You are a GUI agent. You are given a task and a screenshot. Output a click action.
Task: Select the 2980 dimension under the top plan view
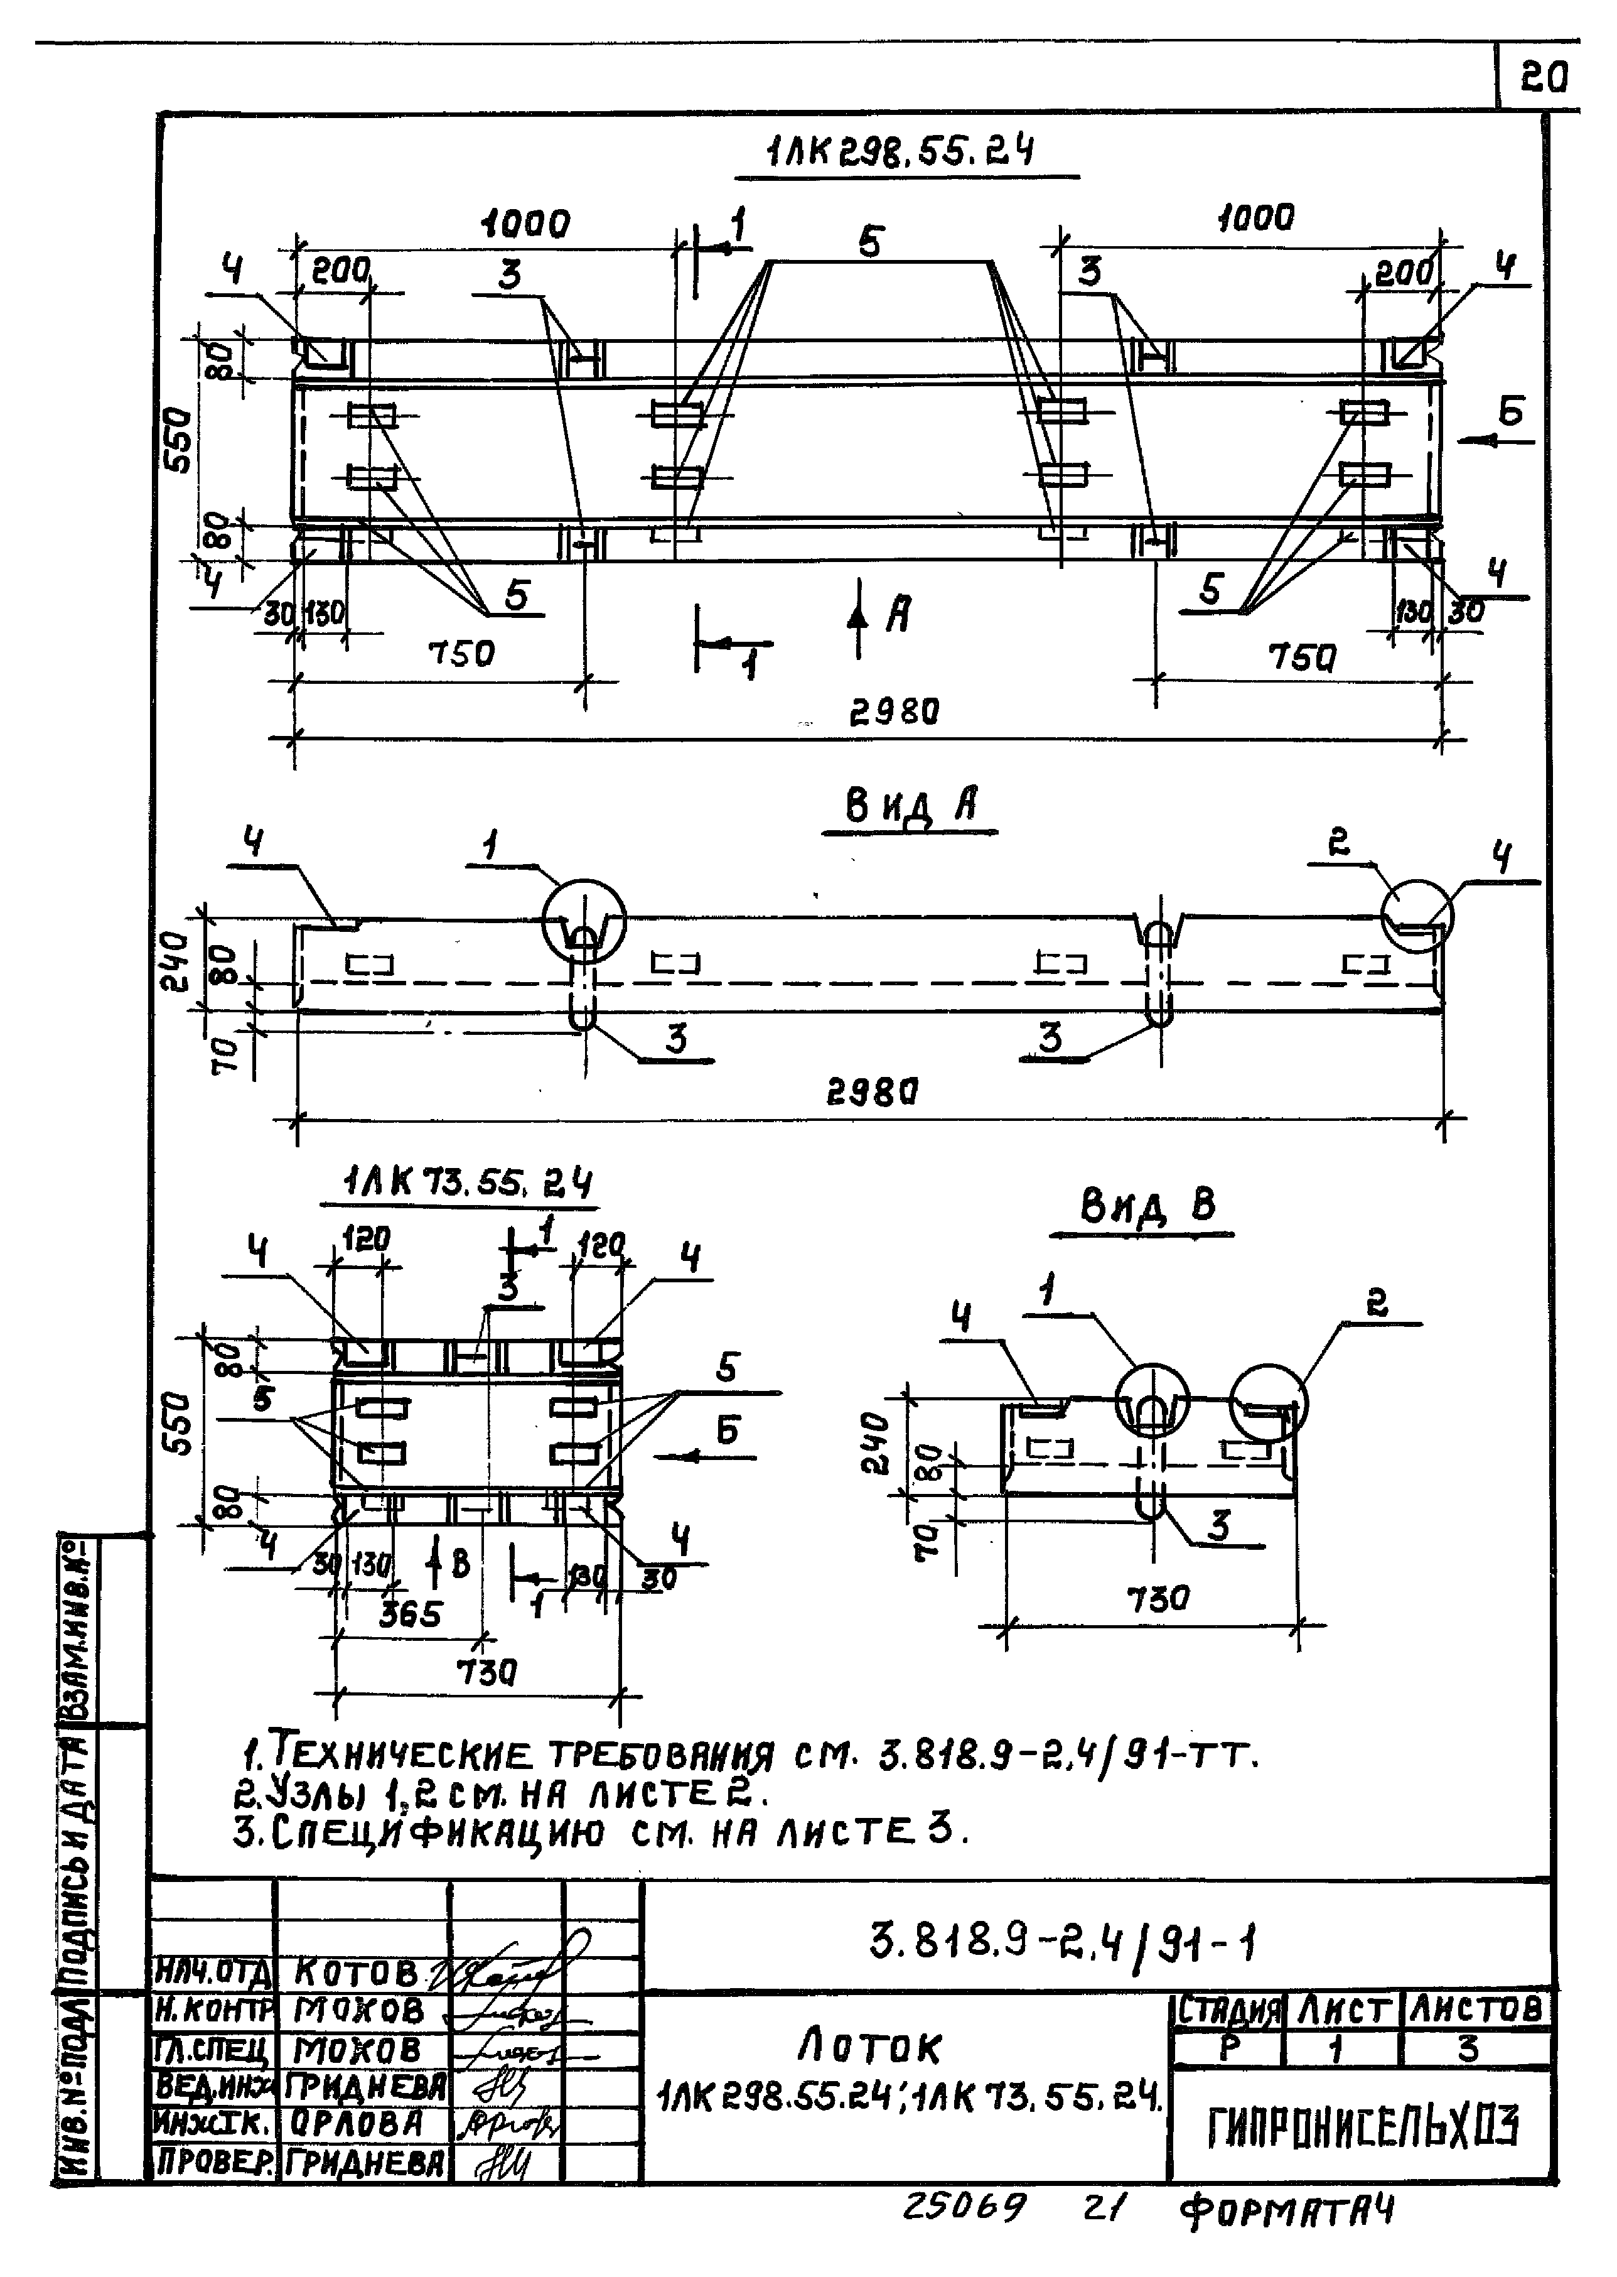[x=893, y=712]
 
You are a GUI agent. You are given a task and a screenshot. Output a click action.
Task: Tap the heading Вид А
[x=910, y=806]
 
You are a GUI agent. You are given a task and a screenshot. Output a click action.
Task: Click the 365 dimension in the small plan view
[x=409, y=1614]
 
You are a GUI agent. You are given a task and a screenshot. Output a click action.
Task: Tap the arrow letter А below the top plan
[x=898, y=615]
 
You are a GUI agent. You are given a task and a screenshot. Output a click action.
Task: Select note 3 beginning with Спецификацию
[x=600, y=1831]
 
